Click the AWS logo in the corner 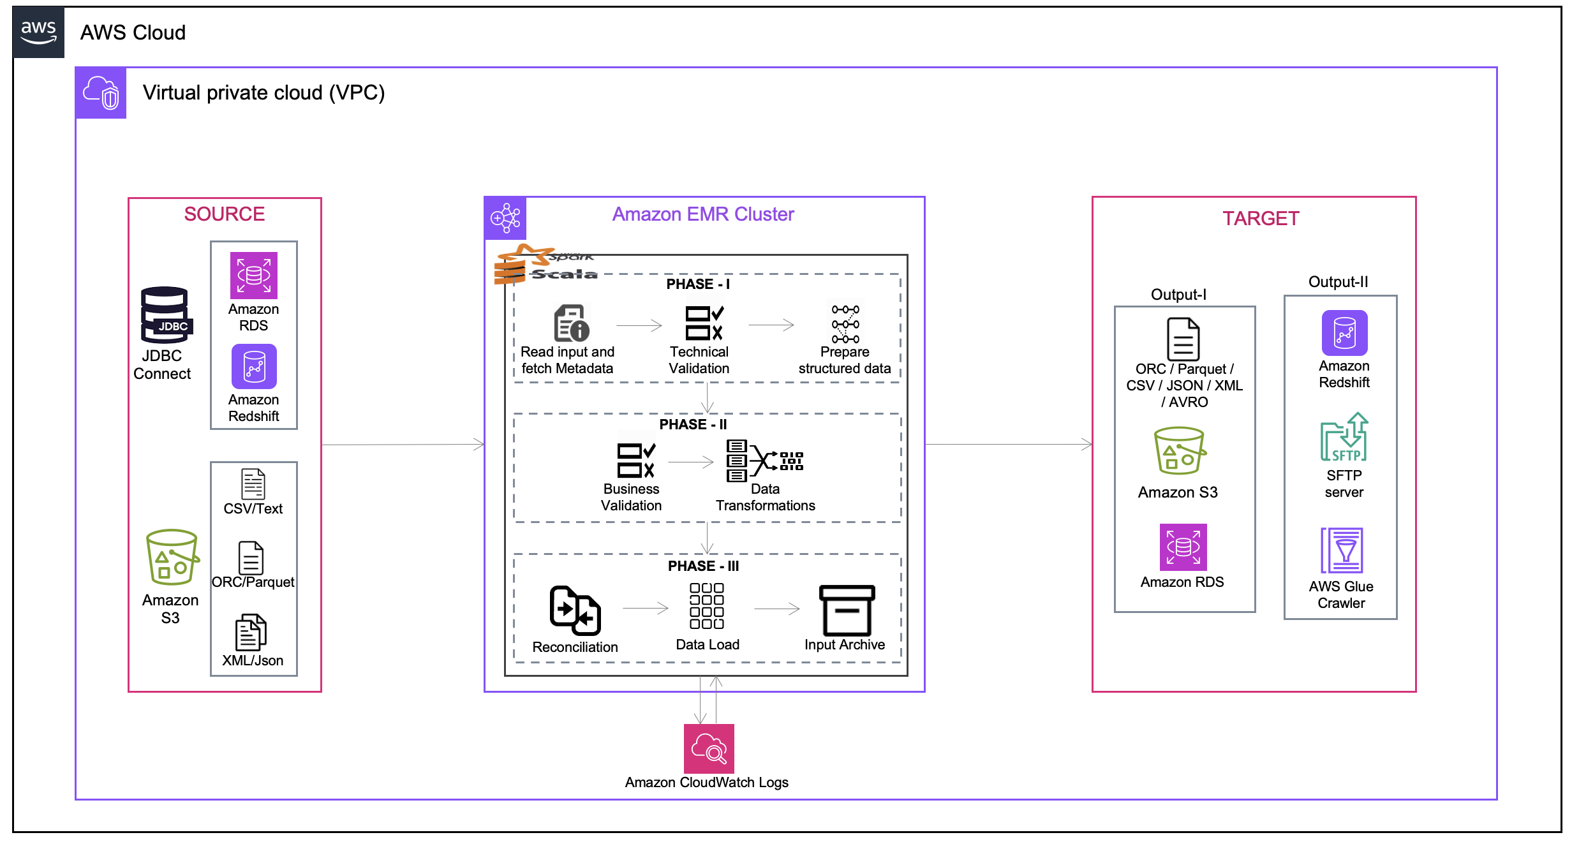point(38,32)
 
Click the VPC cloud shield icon point(101,93)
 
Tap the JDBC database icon point(165,315)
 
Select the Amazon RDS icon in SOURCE point(253,276)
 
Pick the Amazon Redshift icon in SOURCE point(253,367)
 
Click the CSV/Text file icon point(253,484)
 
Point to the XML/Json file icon point(251,632)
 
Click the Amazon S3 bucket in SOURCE point(172,557)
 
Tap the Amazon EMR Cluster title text point(702,214)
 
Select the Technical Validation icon point(704,323)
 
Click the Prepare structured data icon point(845,323)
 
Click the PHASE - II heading point(693,424)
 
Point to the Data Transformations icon point(764,460)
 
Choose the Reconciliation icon point(575,610)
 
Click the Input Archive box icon point(846,610)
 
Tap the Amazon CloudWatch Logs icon point(708,748)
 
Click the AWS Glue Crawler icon point(1342,550)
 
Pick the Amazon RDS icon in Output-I point(1183,547)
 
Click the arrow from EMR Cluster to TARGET point(1008,444)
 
